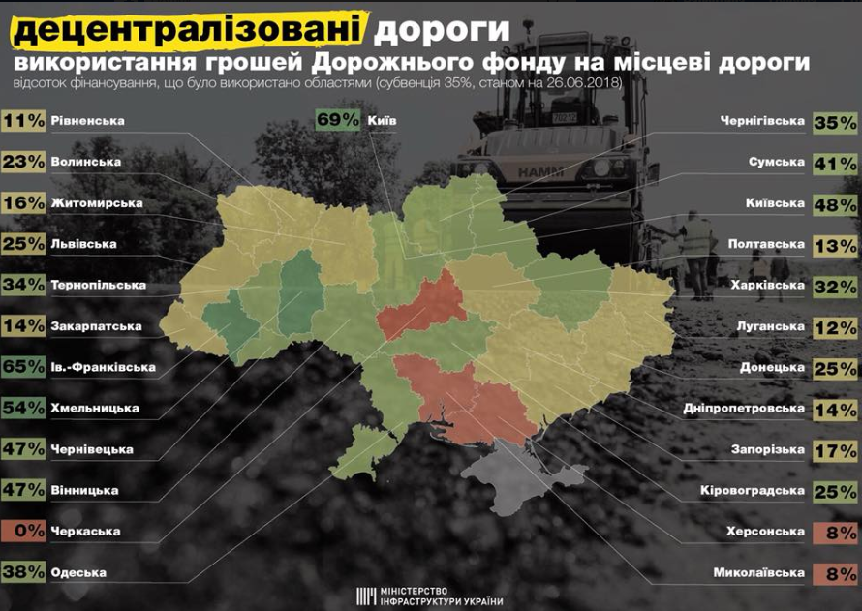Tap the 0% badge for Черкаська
[21, 531]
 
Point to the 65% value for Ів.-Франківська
[21, 367]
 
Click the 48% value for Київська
[836, 204]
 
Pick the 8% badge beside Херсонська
[836, 531]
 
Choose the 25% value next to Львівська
[21, 244]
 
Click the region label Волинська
[85, 163]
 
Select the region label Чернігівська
[762, 122]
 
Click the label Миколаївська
[756, 572]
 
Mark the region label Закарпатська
[95, 326]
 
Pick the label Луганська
[770, 326]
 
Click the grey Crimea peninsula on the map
[504, 470]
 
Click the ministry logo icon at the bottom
[366, 595]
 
